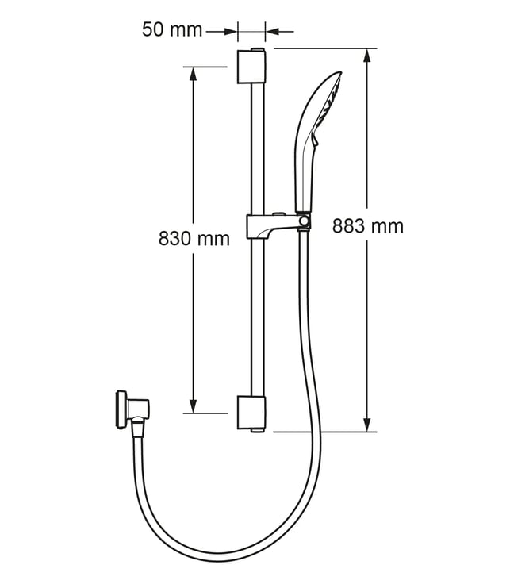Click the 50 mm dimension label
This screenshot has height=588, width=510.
coord(172,29)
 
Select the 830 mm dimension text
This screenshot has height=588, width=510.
coord(194,239)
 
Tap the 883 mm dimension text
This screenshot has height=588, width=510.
coord(368,226)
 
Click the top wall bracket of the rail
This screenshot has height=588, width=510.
coord(251,66)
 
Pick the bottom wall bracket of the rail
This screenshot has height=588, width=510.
coord(251,413)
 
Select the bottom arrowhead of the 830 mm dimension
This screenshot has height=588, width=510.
coord(193,405)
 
